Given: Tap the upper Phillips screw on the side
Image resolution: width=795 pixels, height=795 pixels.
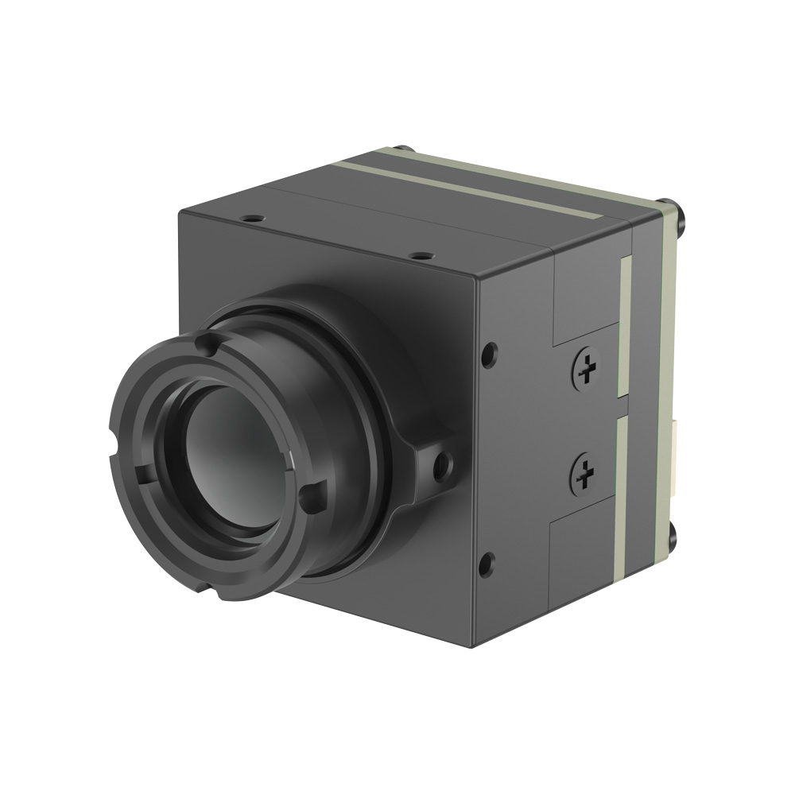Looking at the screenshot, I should tap(587, 368).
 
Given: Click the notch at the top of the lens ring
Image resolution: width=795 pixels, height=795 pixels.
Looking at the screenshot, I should tap(204, 343).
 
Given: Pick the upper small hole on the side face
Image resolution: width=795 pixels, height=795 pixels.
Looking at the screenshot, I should tap(490, 349).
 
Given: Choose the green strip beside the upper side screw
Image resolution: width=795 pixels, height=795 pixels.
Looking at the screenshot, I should tap(626, 326).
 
